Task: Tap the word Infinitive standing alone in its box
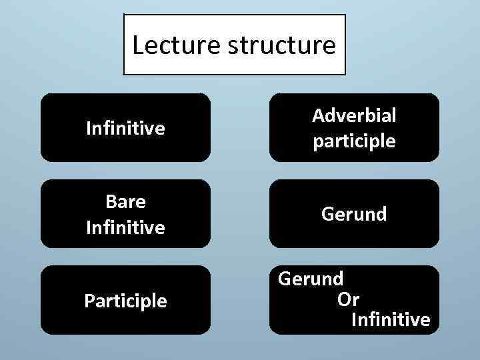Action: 125,128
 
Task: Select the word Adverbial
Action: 355,115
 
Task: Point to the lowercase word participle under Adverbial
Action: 355,141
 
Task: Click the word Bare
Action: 125,201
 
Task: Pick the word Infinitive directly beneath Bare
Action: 125,227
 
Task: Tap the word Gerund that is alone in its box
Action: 355,214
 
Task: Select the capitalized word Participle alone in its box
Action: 125,301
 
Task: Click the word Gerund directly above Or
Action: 311,278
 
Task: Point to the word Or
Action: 348,299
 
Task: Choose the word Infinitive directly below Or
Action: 391,320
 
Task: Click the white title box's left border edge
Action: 124,45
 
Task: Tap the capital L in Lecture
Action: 138,45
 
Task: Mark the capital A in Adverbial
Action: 318,115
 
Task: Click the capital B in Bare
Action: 111,201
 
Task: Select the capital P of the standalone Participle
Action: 89,301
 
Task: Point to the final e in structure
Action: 330,47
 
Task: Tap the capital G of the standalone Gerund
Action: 327,214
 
